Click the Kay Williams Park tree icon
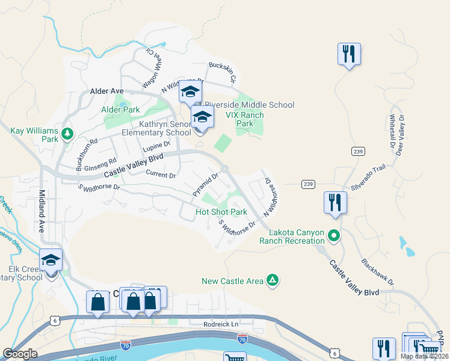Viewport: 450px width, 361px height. [x=67, y=132]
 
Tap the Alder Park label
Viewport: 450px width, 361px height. [x=120, y=110]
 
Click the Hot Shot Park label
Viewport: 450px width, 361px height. [x=221, y=212]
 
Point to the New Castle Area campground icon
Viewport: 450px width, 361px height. [x=273, y=280]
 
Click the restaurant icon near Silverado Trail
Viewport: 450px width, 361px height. [x=334, y=202]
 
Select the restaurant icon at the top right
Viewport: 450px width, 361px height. [x=349, y=54]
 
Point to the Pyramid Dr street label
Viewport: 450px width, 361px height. [x=205, y=185]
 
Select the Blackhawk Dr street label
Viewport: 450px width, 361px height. [x=377, y=272]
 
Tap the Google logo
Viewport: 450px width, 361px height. [x=20, y=354]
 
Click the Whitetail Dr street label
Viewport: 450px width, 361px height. [x=392, y=132]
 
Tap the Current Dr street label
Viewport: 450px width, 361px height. [x=161, y=175]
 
